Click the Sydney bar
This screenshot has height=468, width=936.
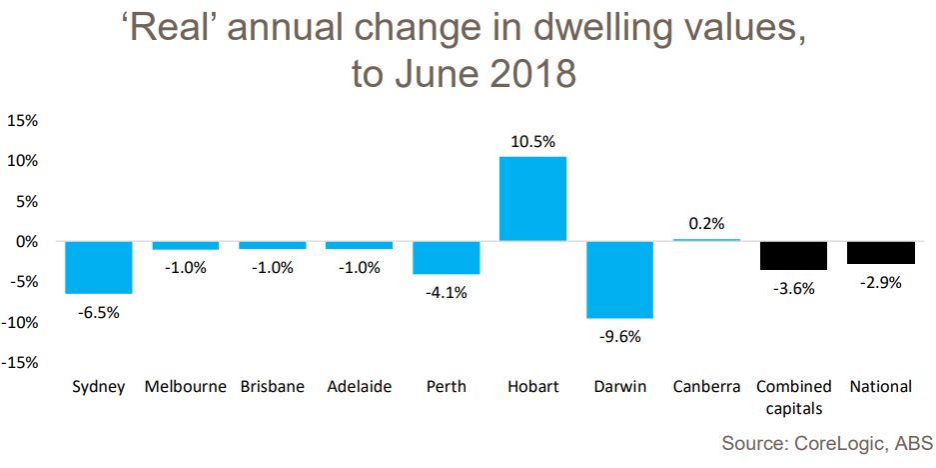[98, 267]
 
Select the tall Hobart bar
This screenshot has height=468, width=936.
[532, 199]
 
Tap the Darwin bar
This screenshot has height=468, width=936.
[619, 280]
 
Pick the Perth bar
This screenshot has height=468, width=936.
[446, 258]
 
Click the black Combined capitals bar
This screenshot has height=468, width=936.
[793, 255]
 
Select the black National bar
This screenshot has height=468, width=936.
[880, 252]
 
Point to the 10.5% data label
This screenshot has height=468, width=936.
[532, 141]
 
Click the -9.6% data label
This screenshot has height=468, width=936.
[619, 336]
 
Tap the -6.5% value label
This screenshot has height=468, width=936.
[98, 312]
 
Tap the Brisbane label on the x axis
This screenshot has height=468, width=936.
[272, 386]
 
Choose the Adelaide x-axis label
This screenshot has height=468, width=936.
[359, 386]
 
